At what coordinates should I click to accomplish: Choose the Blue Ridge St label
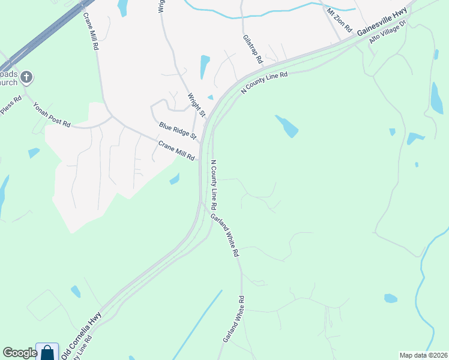click(x=178, y=130)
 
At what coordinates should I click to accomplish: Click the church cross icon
click(x=26, y=76)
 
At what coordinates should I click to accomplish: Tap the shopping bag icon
click(x=47, y=352)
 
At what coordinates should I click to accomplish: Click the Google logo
click(x=20, y=353)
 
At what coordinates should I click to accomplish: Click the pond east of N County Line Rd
click(x=287, y=126)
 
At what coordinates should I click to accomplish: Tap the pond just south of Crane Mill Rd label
click(x=175, y=179)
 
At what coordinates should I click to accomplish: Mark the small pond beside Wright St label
click(x=210, y=97)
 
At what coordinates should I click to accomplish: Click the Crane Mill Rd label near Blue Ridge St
click(x=176, y=150)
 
